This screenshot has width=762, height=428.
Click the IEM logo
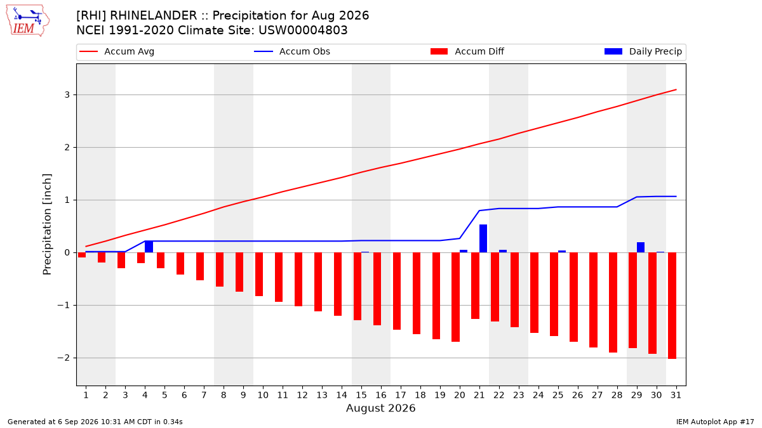coord(28,21)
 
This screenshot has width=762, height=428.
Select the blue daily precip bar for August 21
coord(483,238)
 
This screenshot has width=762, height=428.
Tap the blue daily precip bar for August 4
coord(149,247)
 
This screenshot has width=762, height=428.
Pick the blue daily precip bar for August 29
coord(641,247)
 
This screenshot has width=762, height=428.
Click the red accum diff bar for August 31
coord(672,306)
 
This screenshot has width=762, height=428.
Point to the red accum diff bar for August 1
coord(82,255)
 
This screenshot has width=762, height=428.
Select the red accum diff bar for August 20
coord(456,297)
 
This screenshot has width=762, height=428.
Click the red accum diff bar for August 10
coord(259,275)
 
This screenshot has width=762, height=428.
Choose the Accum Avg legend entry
coord(117,51)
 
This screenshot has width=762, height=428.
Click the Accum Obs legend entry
coord(292,51)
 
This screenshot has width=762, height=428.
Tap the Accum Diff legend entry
coord(467,51)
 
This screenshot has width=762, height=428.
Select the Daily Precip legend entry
coord(643,51)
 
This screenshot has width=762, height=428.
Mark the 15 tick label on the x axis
coord(361,395)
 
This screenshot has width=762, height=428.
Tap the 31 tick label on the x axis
coord(676,395)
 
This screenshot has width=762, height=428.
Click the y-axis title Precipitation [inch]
coord(47,224)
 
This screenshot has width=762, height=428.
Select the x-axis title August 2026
coord(381,408)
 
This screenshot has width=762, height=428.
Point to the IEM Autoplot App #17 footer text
coord(715,422)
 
